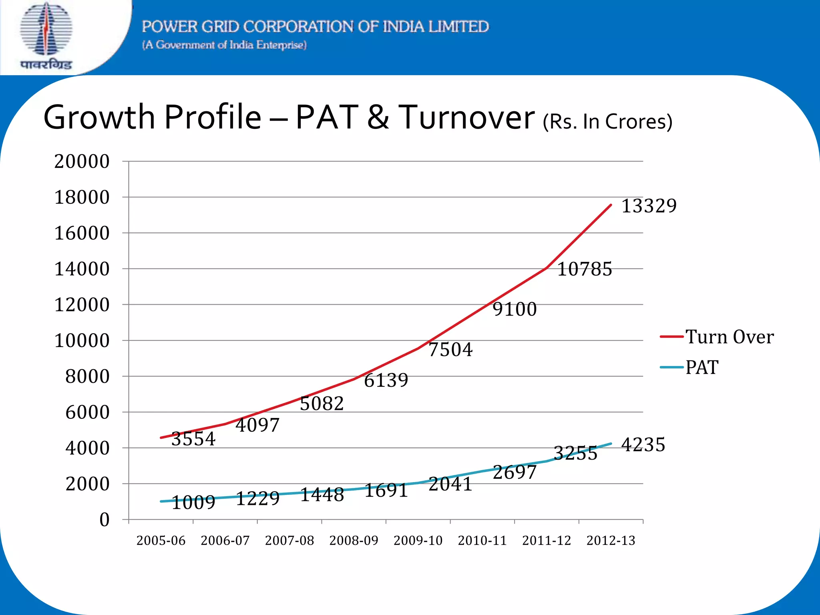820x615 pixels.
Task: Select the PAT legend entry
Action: click(701, 367)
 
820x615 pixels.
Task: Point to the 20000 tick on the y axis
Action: click(82, 161)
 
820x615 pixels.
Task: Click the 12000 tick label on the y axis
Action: click(82, 305)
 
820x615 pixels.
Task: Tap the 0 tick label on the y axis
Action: click(104, 520)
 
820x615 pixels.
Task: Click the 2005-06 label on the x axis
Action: click(161, 541)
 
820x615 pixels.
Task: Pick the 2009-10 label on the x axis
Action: click(418, 541)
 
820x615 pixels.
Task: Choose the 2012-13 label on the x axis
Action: click(611, 541)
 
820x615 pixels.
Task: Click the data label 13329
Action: click(649, 206)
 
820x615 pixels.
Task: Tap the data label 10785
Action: click(585, 269)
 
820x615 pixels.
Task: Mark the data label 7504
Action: click(450, 350)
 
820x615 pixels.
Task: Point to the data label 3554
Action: click(193, 439)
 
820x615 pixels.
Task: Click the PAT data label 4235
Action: click(643, 444)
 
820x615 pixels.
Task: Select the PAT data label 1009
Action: click(193, 502)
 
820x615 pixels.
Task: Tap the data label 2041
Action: click(450, 484)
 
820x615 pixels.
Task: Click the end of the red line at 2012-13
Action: click(611, 205)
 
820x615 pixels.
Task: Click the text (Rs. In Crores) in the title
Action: click(607, 122)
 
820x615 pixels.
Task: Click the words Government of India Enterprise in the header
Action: click(224, 45)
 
